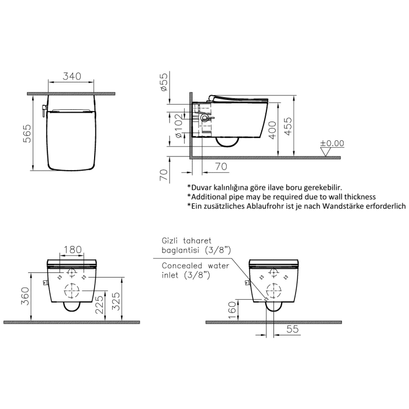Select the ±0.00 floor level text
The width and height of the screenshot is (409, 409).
pyautogui.click(x=332, y=143)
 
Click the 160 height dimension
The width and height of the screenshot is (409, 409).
pyautogui.click(x=233, y=307)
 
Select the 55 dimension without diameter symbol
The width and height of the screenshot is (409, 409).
pyautogui.click(x=292, y=330)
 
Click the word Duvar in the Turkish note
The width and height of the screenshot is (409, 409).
pyautogui.click(x=203, y=187)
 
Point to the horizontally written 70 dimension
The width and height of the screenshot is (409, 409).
pyautogui.click(x=220, y=167)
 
